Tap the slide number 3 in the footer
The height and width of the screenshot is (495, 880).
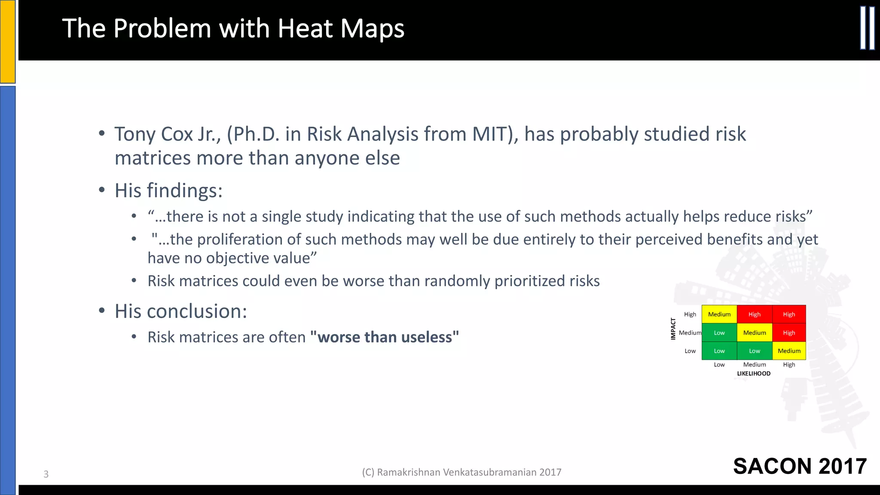tap(46, 474)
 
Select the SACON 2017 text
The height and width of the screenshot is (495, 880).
tap(800, 466)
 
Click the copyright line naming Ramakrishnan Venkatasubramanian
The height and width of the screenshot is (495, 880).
tap(461, 472)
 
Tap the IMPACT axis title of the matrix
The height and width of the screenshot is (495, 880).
tap(673, 329)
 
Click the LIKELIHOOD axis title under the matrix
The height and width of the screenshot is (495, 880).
tap(754, 373)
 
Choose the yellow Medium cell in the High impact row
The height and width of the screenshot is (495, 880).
tap(719, 314)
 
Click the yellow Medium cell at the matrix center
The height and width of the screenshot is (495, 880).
tap(755, 333)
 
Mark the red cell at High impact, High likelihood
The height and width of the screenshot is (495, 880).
tap(789, 314)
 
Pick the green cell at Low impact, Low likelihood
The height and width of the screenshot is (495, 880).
tap(719, 351)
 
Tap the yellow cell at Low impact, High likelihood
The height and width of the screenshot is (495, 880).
tap(789, 351)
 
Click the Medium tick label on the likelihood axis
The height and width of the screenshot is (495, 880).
tap(755, 364)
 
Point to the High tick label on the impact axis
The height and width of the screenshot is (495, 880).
tap(690, 314)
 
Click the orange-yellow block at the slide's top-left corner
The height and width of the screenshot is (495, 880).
tap(8, 41)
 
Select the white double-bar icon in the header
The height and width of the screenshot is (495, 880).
tap(867, 28)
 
